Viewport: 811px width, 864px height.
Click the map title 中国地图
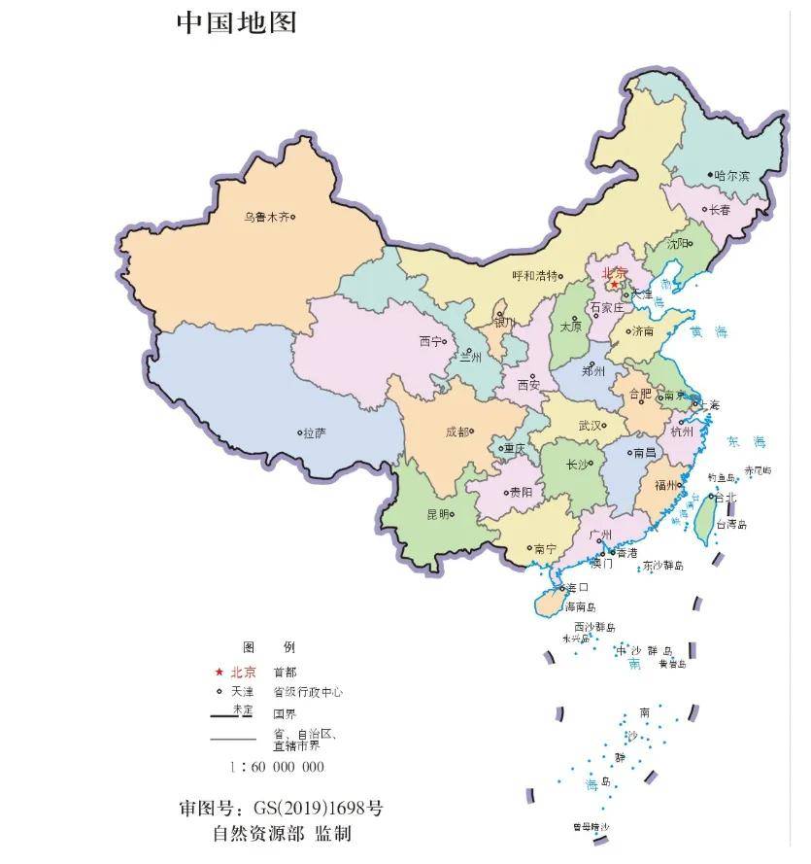click(x=236, y=22)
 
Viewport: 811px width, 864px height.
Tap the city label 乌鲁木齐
click(x=266, y=218)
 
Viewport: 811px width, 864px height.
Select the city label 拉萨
click(x=314, y=432)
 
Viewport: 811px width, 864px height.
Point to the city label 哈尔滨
click(x=732, y=176)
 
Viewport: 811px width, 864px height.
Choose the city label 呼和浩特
click(x=535, y=275)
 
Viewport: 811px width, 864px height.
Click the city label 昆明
click(x=438, y=514)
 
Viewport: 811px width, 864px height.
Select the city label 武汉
click(x=590, y=425)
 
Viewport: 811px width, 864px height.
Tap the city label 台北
click(x=726, y=497)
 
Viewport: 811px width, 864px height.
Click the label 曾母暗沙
click(x=591, y=827)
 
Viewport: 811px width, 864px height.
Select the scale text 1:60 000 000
click(x=277, y=767)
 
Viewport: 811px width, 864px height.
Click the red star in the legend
click(x=219, y=672)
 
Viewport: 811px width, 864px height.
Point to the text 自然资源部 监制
click(x=282, y=834)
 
